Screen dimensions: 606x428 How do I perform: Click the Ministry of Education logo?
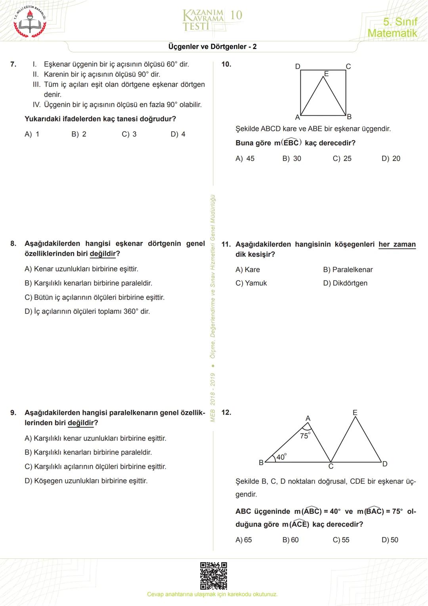30,22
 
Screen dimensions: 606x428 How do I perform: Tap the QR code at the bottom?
213,575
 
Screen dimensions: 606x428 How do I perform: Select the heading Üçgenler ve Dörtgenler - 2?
212,46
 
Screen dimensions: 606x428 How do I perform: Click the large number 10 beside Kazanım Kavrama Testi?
236,15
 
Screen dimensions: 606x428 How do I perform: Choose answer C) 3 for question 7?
129,134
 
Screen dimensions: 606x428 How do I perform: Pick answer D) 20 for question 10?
391,158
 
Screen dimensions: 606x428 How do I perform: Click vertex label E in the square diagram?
327,74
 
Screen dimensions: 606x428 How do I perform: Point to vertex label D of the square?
298,66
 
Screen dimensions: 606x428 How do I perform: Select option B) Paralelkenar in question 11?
348,269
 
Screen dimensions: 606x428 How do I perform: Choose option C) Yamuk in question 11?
251,283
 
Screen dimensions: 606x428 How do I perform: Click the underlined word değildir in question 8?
103,254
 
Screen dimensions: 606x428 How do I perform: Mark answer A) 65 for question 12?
244,540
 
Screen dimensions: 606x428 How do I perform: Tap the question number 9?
13,413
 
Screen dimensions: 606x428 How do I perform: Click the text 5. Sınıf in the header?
400,21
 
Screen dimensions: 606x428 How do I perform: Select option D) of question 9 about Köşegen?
86,481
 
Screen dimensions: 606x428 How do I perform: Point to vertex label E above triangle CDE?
355,413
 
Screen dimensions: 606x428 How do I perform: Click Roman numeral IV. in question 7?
37,105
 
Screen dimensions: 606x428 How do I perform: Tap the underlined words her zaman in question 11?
397,244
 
